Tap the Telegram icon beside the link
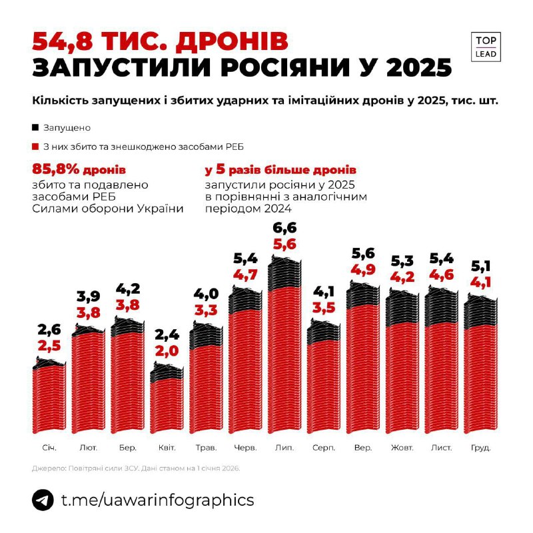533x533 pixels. click(x=43, y=500)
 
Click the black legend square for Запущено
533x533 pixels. click(x=35, y=127)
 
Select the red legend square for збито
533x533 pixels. click(x=35, y=146)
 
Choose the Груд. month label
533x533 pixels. click(x=480, y=448)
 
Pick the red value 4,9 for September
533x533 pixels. click(x=364, y=268)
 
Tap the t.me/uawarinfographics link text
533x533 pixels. click(x=157, y=500)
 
